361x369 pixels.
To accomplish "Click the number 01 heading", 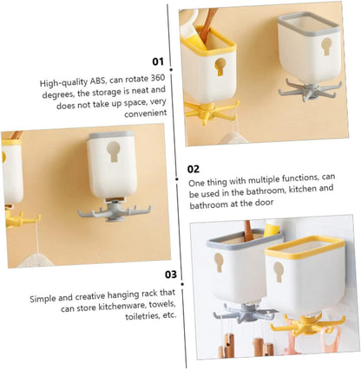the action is coord(158,61).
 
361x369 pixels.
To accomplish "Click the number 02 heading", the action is coord(194,169).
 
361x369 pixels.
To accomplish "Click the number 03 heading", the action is coord(171,275).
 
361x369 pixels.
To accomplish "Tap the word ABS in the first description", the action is coord(98,81).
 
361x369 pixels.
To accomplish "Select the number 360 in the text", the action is coord(158,78).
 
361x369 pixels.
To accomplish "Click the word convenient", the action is coord(146,113).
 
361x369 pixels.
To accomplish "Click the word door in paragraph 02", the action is coord(264,203).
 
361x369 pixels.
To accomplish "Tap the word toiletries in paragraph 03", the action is coord(142,316).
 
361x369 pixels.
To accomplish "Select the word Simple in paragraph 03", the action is coord(43,299).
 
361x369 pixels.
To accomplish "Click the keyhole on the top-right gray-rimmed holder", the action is coord(326,46).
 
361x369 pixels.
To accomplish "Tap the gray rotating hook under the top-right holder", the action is coord(310,90).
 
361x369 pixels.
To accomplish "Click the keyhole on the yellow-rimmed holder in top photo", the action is coord(220,67).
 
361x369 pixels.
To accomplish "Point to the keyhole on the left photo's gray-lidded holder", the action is coord(113,151).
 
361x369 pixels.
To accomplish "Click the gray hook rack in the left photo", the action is coord(115,212).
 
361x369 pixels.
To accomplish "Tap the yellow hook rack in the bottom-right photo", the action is coord(308,325).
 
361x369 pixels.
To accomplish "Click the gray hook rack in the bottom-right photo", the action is coord(245,314).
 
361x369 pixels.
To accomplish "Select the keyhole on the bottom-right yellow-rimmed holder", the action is coord(279,272).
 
